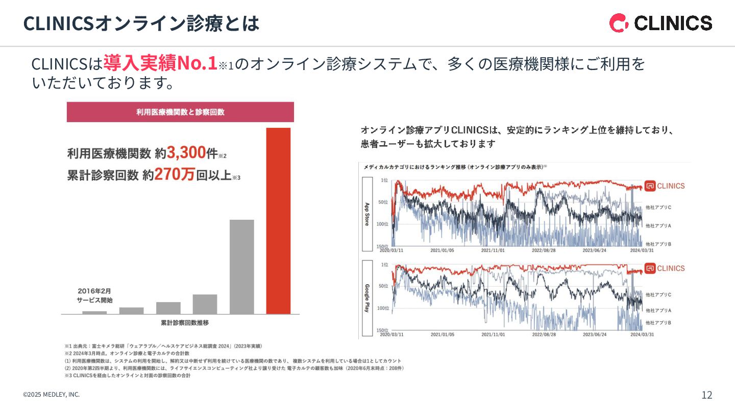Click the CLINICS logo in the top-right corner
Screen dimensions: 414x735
click(660, 23)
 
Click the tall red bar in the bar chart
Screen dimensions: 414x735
click(278, 220)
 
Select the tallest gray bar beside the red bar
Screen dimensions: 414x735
click(241, 266)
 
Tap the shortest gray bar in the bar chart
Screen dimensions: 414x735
click(94, 312)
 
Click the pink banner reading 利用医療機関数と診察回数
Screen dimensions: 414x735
click(180, 112)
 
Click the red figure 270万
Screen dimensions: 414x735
click(175, 175)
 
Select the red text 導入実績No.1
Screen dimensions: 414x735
click(160, 63)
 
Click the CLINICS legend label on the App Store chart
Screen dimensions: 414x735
click(665, 186)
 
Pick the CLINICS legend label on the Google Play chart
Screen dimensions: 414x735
click(665, 268)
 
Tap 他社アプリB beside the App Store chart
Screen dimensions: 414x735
click(658, 244)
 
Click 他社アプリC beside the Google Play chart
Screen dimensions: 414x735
click(658, 295)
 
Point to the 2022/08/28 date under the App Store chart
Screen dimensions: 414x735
click(544, 250)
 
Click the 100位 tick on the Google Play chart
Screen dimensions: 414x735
click(383, 308)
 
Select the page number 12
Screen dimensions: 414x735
click(707, 395)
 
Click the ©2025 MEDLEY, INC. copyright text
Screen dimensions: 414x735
click(51, 395)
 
